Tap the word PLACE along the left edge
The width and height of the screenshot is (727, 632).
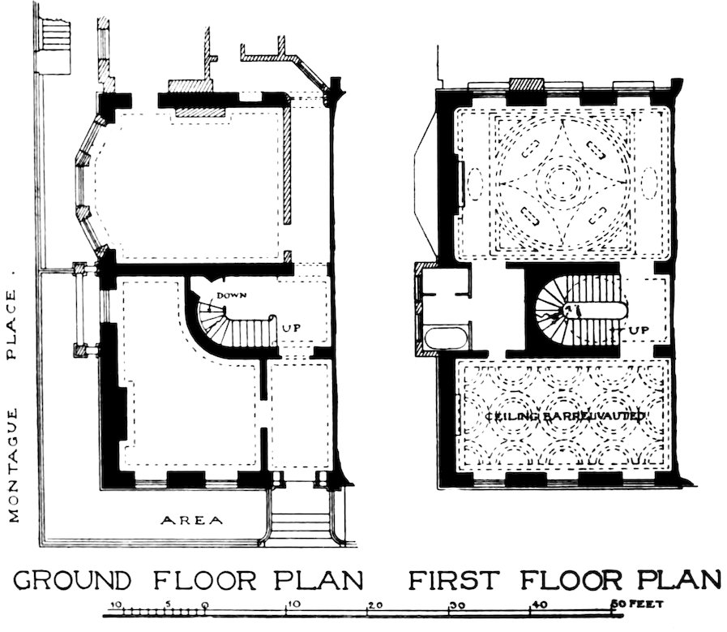14,326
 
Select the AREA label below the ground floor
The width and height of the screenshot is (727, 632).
191,520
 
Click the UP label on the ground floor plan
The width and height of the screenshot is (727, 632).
293,329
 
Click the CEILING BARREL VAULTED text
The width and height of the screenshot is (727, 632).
565,416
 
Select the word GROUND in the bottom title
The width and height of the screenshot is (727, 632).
73,580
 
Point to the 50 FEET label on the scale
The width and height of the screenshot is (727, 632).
639,604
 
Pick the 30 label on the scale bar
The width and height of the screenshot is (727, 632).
457,604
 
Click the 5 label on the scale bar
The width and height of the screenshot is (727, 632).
167,604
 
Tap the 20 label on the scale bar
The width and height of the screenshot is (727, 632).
374,604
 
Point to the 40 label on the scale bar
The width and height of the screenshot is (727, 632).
537,604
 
